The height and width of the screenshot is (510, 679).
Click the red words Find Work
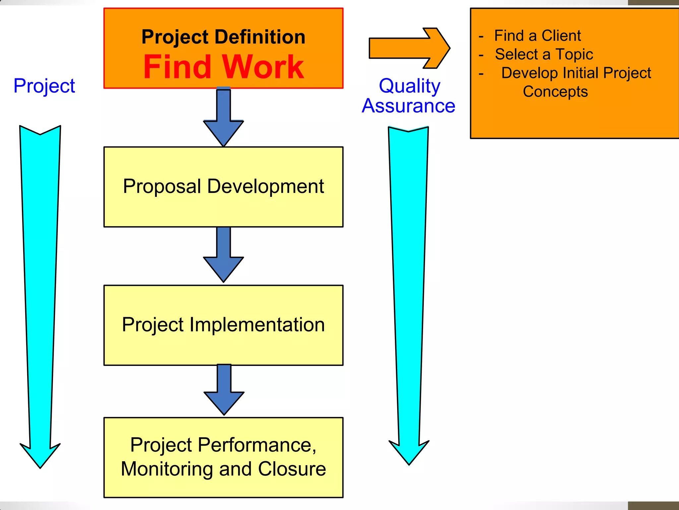pyautogui.click(x=223, y=67)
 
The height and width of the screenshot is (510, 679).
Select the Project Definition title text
pyautogui.click(x=223, y=37)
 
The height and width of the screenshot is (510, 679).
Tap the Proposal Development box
pyautogui.click(x=223, y=187)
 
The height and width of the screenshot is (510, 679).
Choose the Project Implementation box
pyautogui.click(x=223, y=325)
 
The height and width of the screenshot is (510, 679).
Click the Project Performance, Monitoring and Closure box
pyautogui.click(x=223, y=457)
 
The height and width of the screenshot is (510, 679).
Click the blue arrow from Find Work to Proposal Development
pyautogui.click(x=223, y=120)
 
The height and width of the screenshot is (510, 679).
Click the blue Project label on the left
pyautogui.click(x=44, y=86)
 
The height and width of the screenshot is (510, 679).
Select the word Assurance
pyautogui.click(x=408, y=106)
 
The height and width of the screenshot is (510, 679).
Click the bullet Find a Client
pyautogui.click(x=537, y=36)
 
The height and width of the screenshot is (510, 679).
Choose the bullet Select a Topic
pyautogui.click(x=544, y=54)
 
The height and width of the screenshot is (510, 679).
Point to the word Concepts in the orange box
pyautogui.click(x=555, y=91)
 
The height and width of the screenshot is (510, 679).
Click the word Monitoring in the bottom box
pyautogui.click(x=167, y=469)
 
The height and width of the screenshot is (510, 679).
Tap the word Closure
pyautogui.click(x=292, y=469)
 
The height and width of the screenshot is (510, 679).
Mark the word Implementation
pyautogui.click(x=257, y=325)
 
